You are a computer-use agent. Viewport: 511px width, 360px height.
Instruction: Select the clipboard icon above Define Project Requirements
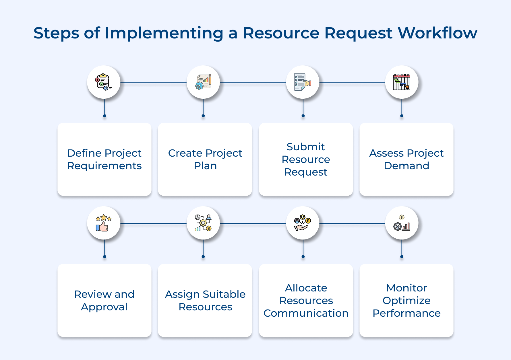(103, 82)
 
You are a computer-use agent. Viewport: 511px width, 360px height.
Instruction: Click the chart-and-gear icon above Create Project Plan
(203, 82)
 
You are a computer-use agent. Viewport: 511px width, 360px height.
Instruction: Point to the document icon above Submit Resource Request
(303, 82)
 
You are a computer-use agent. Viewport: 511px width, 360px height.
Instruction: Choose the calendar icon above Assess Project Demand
(402, 82)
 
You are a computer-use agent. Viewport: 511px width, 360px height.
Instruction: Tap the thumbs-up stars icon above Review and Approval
(103, 223)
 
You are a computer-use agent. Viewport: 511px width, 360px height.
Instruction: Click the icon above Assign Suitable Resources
(203, 223)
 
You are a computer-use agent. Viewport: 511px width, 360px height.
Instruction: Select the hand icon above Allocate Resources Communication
(303, 223)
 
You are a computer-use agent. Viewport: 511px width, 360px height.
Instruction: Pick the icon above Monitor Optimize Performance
(402, 223)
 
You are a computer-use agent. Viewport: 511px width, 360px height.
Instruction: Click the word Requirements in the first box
(104, 166)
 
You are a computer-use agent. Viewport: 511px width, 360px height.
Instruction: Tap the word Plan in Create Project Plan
(205, 166)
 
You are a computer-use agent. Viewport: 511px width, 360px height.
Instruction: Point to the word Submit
(305, 147)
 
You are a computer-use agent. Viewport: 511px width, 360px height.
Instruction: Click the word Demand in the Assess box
(406, 166)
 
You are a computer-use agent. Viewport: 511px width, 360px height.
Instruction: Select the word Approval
(104, 307)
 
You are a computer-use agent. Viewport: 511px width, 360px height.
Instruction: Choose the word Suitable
(224, 294)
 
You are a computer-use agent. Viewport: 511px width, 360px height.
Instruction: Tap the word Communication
(306, 313)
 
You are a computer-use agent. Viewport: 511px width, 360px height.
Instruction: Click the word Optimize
(406, 301)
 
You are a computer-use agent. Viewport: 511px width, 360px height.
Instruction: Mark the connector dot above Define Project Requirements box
(104, 116)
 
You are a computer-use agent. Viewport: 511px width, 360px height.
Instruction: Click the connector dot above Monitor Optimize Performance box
(402, 257)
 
